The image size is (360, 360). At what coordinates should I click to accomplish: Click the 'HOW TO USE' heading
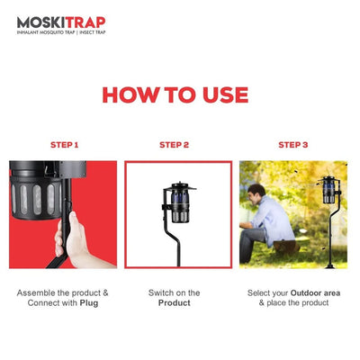pyautogui.click(x=175, y=95)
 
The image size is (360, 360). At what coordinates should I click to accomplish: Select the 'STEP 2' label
pyautogui.click(x=175, y=145)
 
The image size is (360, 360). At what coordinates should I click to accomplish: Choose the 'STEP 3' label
pyautogui.click(x=292, y=145)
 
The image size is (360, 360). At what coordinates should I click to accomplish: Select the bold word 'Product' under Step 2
pyautogui.click(x=175, y=303)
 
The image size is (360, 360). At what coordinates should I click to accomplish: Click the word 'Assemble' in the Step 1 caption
pyautogui.click(x=39, y=292)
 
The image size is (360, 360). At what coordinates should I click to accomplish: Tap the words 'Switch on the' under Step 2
pyautogui.click(x=175, y=292)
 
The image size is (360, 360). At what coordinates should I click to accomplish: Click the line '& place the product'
pyautogui.click(x=292, y=303)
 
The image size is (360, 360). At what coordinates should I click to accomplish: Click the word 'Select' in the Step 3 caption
pyautogui.click(x=261, y=292)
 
